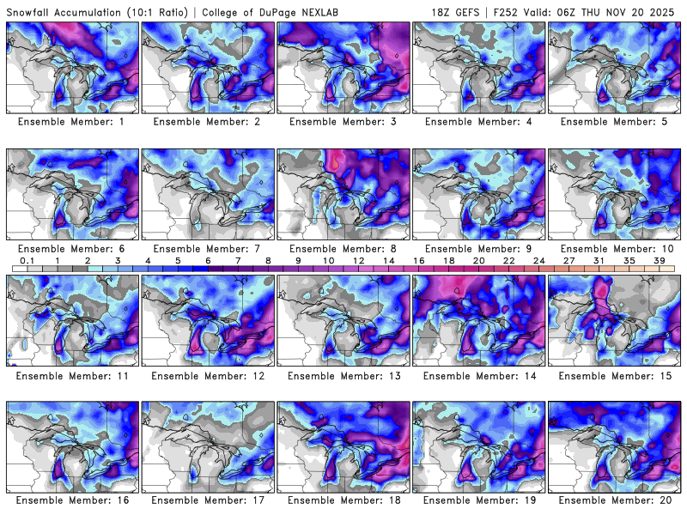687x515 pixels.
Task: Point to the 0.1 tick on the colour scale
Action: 27,259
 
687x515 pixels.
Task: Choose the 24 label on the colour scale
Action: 538,259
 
